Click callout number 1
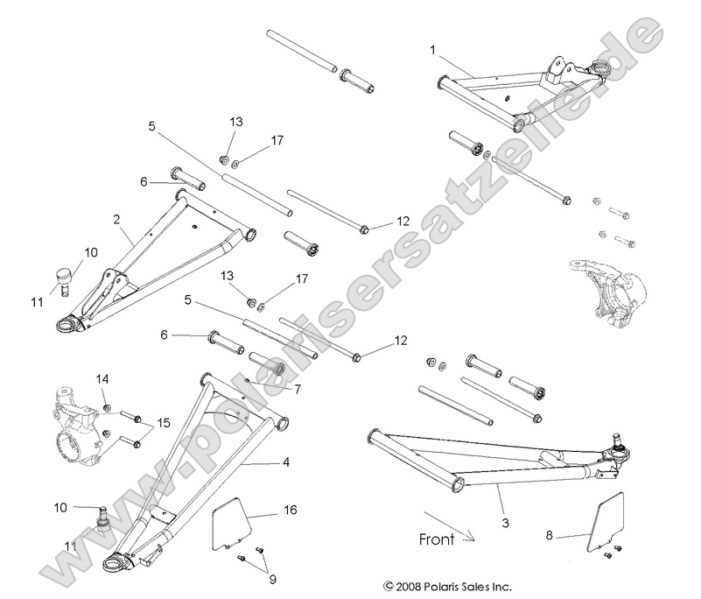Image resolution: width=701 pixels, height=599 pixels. pyautogui.click(x=432, y=51)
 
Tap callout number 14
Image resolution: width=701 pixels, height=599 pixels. pyautogui.click(x=103, y=380)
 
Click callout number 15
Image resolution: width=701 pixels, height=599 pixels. pyautogui.click(x=163, y=425)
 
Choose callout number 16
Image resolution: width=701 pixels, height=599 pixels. pyautogui.click(x=290, y=508)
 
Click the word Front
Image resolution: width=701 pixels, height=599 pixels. pyautogui.click(x=435, y=539)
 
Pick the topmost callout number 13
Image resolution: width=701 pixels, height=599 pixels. pyautogui.click(x=235, y=122)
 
